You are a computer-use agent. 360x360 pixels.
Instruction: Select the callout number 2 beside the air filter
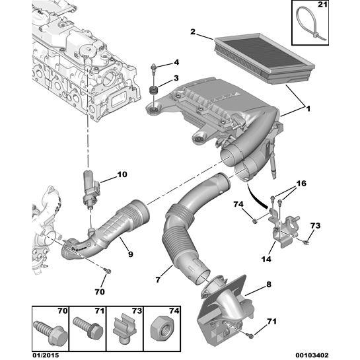click(x=192, y=32)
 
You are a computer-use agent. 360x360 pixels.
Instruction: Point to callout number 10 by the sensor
click(x=122, y=175)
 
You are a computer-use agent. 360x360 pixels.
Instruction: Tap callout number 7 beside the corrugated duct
click(x=159, y=281)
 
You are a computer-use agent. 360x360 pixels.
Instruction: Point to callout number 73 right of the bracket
click(x=315, y=227)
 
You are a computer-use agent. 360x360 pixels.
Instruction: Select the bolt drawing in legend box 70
click(x=50, y=324)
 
